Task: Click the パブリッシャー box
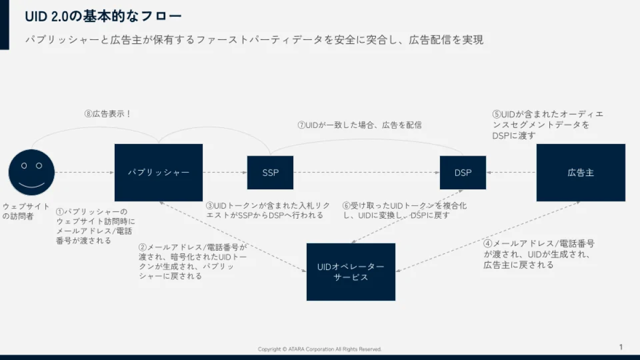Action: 158,173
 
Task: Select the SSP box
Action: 270,173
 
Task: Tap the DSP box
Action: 463,173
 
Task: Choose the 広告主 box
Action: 581,173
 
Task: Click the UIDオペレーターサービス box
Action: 351,272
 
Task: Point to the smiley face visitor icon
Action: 31,172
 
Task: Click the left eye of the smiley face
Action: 24,166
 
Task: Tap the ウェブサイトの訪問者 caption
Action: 26,211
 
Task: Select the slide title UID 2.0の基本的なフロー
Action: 103,17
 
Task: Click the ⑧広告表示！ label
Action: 108,114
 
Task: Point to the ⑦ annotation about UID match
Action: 359,125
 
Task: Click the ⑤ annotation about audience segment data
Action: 548,125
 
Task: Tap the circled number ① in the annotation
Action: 60,212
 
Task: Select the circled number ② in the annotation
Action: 142,247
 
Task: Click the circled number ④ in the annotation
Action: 487,244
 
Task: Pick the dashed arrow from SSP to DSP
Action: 366,172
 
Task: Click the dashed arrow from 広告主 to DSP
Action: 511,172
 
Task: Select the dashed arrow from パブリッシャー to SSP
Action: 225,172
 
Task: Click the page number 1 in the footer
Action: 621,347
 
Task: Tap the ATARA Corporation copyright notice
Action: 319,349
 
